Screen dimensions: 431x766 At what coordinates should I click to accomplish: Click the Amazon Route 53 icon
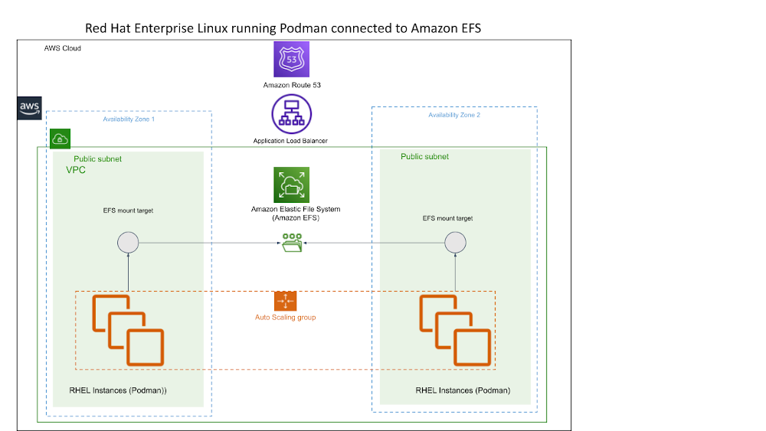click(291, 60)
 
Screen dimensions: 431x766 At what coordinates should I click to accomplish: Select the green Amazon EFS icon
click(291, 185)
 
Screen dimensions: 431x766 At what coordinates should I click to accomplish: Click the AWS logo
click(30, 109)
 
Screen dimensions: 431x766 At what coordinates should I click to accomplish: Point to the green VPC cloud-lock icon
click(60, 139)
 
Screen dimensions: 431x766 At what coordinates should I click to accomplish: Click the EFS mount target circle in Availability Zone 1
click(128, 243)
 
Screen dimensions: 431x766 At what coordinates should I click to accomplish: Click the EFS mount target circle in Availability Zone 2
click(456, 243)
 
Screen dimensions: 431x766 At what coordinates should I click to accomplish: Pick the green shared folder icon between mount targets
click(291, 243)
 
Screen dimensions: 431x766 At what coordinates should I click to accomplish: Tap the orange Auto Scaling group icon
click(285, 301)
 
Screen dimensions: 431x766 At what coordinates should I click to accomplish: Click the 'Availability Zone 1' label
click(129, 119)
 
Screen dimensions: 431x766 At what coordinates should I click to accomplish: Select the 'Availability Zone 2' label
click(454, 115)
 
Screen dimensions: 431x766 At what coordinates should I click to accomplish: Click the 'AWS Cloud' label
click(63, 48)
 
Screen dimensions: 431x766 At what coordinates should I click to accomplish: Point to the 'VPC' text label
click(76, 170)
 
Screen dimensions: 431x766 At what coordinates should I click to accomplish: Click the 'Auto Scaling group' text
click(285, 317)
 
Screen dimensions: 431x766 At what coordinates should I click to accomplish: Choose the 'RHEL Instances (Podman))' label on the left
click(118, 390)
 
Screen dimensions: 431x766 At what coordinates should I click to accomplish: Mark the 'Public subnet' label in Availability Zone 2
click(424, 157)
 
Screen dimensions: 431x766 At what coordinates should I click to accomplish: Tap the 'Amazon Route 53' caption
click(291, 85)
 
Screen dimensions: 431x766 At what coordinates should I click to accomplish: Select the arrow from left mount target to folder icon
click(207, 243)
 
